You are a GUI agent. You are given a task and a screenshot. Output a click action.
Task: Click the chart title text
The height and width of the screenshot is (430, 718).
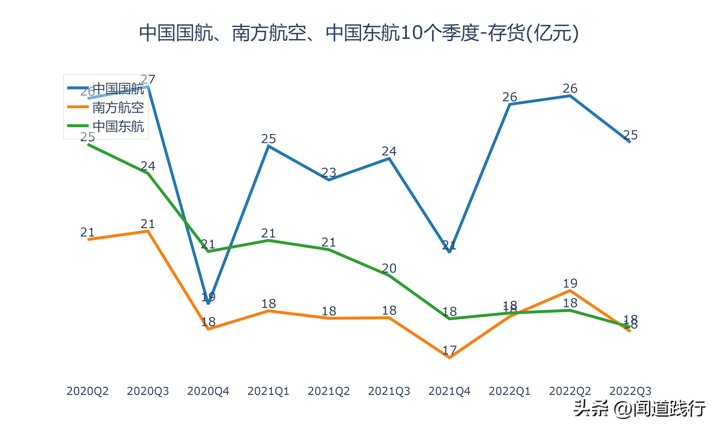[359, 33]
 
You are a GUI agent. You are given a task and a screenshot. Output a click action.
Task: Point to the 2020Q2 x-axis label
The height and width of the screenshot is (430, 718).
[87, 391]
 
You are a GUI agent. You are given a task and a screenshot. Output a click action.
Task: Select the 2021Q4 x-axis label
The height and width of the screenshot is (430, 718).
[449, 391]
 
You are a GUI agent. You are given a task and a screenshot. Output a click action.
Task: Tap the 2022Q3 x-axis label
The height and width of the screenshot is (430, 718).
[630, 391]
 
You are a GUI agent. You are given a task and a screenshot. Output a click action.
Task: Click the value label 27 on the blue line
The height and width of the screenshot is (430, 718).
[148, 79]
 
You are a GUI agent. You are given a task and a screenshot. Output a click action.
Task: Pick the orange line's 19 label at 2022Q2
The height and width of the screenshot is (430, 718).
[570, 283]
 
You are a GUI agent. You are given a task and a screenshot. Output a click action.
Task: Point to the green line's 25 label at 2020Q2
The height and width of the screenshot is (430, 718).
[87, 137]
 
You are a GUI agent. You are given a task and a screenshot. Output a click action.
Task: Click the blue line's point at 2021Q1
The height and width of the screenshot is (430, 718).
[269, 146]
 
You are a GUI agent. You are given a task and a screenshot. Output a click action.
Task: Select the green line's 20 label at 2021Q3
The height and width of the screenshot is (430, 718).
[389, 268]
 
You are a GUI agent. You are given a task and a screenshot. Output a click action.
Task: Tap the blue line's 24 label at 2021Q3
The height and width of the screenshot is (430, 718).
[389, 151]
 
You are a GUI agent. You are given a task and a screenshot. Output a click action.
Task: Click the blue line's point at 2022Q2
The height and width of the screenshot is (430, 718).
[570, 96]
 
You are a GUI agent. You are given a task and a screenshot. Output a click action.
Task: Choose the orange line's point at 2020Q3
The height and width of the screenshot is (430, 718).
[148, 231]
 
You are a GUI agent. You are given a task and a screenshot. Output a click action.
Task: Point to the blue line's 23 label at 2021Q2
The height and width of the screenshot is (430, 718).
[329, 173]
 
